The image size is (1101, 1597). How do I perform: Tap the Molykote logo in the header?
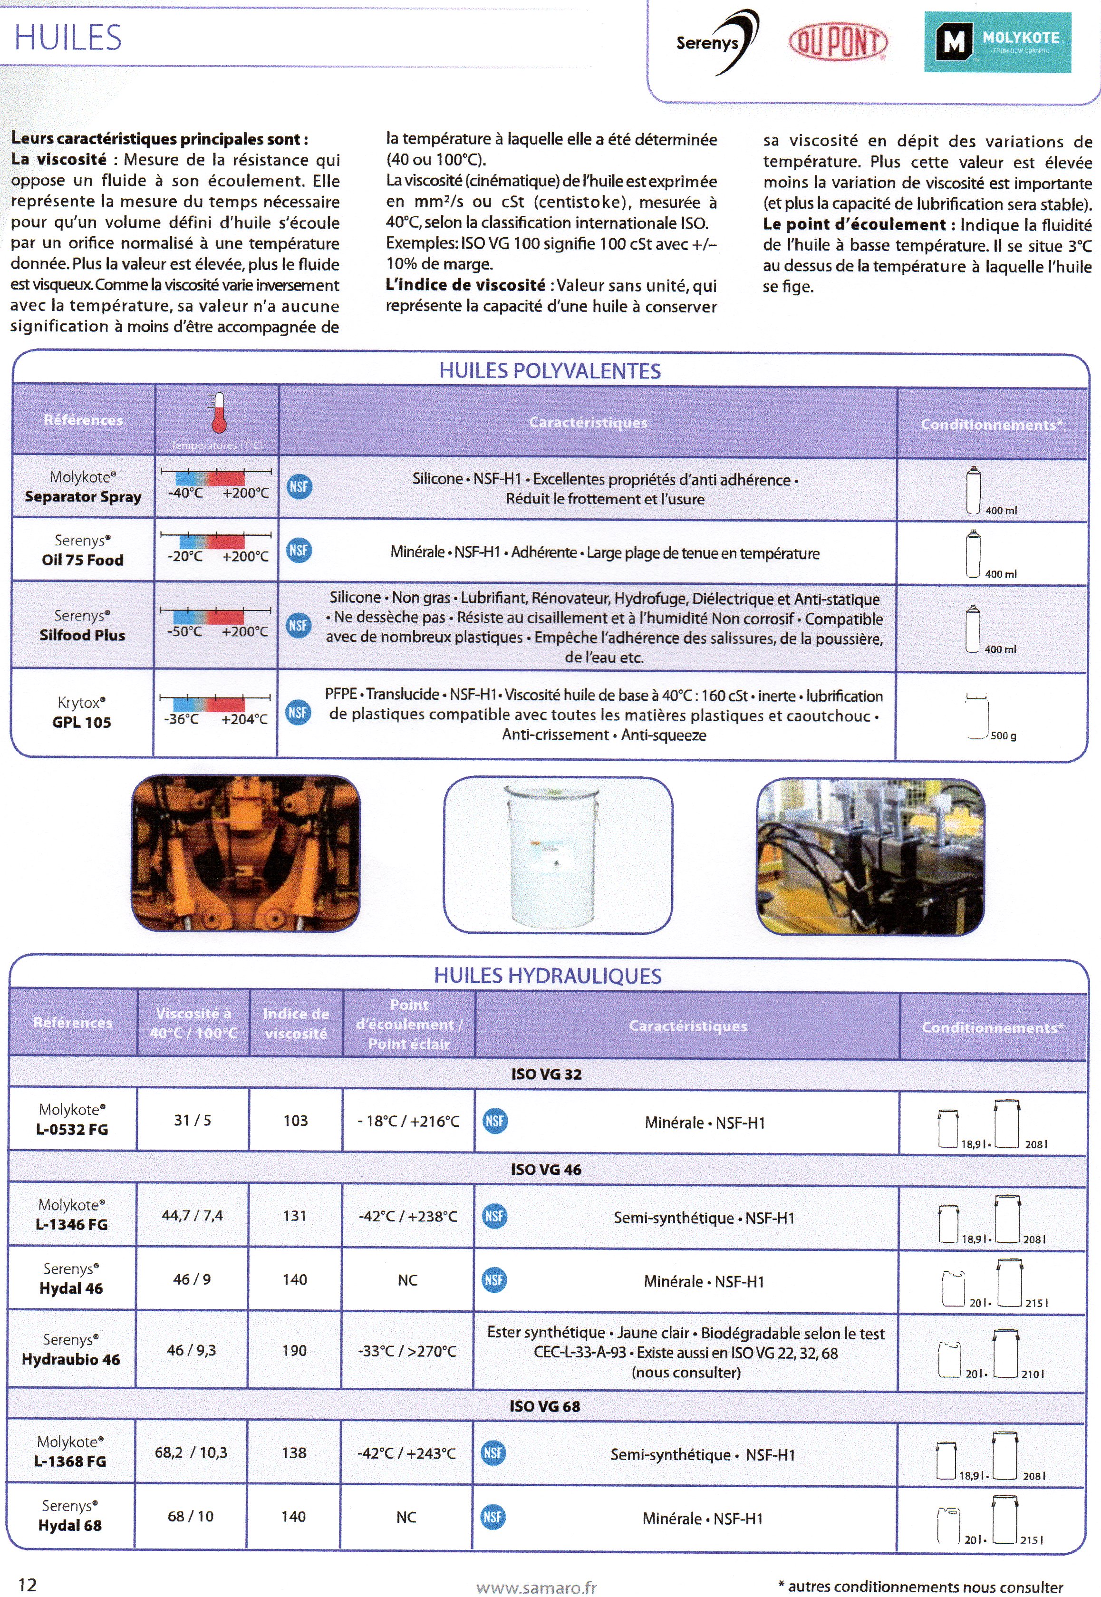(997, 43)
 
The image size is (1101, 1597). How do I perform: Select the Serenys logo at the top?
(716, 43)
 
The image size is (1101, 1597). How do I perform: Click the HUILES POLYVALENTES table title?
(550, 371)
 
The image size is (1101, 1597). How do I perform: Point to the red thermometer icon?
(219, 413)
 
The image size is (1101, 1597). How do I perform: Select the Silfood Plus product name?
(82, 635)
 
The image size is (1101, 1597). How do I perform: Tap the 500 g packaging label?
(1003, 736)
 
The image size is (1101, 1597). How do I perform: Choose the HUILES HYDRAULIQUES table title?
(547, 976)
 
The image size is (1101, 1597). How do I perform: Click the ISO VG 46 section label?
(546, 1169)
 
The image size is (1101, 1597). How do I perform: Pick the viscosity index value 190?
(295, 1350)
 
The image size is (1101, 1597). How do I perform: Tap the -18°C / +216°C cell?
(408, 1121)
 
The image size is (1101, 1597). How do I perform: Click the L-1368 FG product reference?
(70, 1461)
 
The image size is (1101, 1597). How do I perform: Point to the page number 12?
(27, 1584)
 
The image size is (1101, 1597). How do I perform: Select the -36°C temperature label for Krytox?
(181, 719)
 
